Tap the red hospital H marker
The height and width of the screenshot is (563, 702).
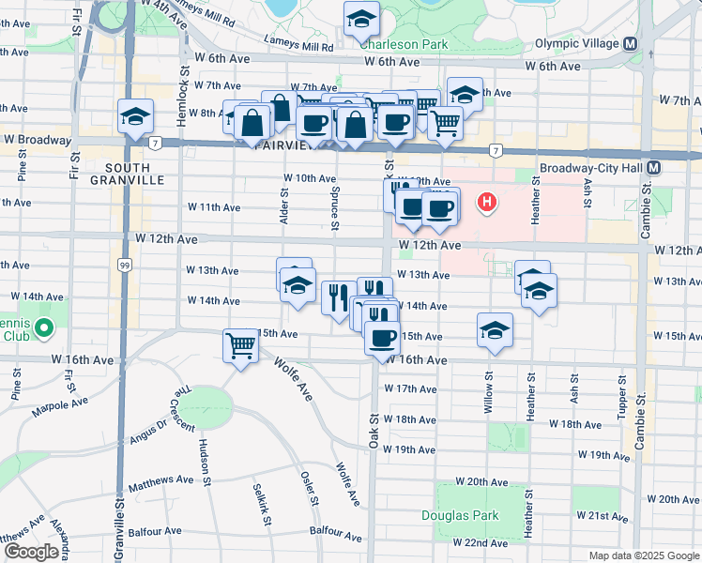tap(487, 202)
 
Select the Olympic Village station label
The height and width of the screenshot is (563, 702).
tap(576, 43)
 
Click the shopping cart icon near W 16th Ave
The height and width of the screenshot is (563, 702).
tap(241, 346)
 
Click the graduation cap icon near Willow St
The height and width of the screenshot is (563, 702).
tap(495, 330)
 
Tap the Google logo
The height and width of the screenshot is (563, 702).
tap(31, 552)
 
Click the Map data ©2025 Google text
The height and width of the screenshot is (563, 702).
tap(644, 555)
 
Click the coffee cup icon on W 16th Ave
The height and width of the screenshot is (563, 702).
tap(382, 338)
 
